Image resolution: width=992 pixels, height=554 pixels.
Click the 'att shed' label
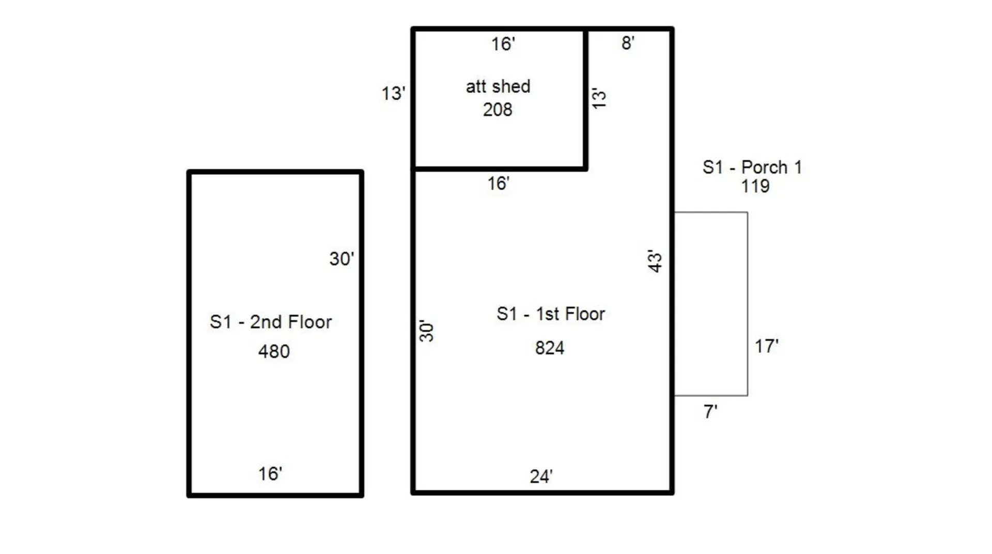[x=498, y=86]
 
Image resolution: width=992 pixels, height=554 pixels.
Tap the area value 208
[x=497, y=110]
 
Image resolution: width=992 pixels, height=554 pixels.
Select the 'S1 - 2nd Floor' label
[x=271, y=322]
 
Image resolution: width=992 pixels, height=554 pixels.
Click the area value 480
[x=274, y=351]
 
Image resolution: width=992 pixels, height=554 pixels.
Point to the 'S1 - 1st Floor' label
[x=550, y=314]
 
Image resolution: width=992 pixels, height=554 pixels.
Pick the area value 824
[x=549, y=348]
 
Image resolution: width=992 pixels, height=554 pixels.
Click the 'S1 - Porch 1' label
[x=752, y=167]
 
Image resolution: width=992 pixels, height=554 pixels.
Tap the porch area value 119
[x=755, y=186]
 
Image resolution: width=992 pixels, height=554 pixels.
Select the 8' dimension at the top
[x=628, y=43]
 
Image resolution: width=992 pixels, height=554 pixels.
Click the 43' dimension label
[x=655, y=261]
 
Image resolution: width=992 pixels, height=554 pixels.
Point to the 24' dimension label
[x=541, y=476]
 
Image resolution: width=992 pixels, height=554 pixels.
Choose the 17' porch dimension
[x=766, y=346]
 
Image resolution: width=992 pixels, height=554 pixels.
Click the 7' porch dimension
[x=710, y=412]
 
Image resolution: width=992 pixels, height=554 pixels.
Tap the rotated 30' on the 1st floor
[x=426, y=331]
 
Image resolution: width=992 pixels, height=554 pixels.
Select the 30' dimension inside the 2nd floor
[x=342, y=259]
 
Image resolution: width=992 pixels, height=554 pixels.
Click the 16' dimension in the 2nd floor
[x=270, y=474]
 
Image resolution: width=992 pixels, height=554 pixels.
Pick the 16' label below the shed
[x=498, y=183]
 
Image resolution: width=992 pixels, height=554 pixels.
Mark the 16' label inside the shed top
[x=503, y=44]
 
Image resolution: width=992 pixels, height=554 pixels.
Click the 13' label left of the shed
[x=393, y=94]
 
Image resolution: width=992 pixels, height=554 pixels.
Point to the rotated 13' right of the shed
[x=598, y=98]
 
